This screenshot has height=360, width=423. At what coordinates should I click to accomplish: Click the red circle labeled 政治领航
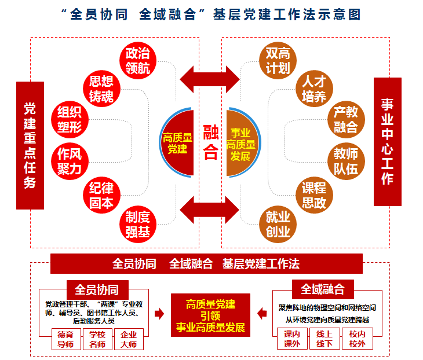138,60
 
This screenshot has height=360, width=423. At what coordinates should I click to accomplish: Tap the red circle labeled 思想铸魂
101,88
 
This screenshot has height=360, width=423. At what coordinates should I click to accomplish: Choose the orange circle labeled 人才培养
313,88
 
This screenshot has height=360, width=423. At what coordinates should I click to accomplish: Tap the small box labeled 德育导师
65,339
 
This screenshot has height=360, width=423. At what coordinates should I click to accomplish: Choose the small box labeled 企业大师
128,339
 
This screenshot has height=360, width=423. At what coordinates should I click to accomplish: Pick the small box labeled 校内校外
358,339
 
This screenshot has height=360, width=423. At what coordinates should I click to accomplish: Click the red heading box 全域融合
322,289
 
